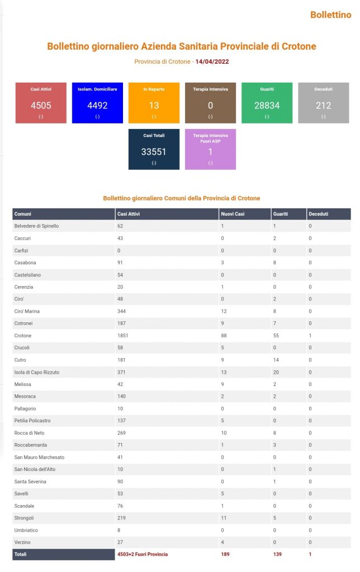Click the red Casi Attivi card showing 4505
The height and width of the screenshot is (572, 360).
[41, 103]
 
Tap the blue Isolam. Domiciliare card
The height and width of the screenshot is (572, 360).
[97, 103]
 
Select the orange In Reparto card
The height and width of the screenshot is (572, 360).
[154, 103]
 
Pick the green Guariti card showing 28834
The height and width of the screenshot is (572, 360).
[267, 103]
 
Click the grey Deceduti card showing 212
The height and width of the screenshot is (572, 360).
[324, 103]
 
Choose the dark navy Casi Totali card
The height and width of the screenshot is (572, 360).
[154, 149]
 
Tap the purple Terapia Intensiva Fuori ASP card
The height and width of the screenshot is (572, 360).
[210, 149]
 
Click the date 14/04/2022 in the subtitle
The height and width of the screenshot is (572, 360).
[212, 61]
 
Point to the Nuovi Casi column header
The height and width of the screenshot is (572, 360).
[233, 214]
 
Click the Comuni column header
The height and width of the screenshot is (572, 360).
[22, 214]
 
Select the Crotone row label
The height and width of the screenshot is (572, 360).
[22, 336]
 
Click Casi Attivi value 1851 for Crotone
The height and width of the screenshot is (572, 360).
[122, 336]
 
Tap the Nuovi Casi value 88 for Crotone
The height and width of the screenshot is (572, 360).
[224, 336]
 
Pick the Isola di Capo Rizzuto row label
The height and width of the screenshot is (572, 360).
[36, 372]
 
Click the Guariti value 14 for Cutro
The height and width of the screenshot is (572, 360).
[276, 360]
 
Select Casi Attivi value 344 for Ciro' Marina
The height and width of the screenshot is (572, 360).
[121, 311]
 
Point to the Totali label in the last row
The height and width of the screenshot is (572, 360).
[21, 554]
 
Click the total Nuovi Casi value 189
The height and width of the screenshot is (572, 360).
[225, 554]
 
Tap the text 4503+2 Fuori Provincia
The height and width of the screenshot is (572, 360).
[143, 554]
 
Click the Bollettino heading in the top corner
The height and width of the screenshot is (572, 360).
[331, 15]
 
